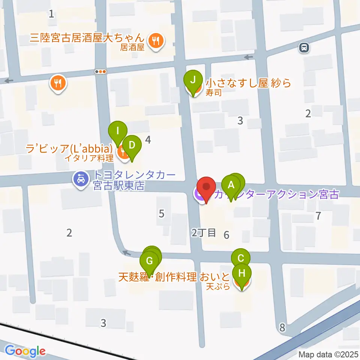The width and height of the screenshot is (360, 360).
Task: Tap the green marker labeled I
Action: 118,131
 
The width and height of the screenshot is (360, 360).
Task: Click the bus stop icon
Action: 304,47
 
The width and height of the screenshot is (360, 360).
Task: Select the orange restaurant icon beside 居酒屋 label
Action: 155,40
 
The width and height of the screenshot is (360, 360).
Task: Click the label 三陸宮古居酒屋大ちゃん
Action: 87,38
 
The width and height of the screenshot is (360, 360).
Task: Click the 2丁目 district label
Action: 204,233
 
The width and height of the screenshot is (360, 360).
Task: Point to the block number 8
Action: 282,328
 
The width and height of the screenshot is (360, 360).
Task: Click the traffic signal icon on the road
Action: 101,72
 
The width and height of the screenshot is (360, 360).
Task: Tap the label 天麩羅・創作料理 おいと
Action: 174,277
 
